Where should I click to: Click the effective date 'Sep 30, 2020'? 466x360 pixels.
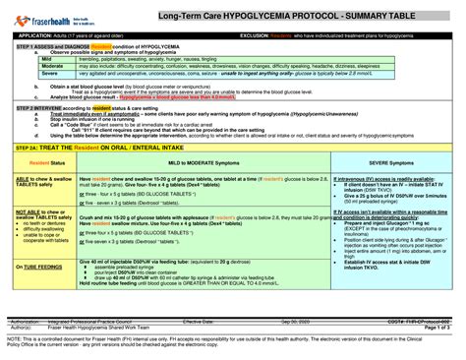[x=294, y=321]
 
